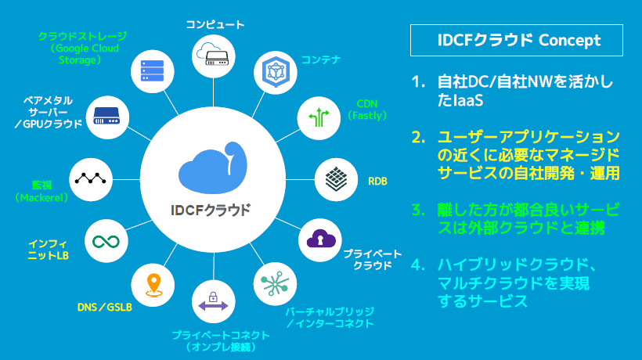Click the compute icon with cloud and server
(x=213, y=56)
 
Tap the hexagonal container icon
(x=276, y=71)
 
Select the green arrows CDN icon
(x=319, y=117)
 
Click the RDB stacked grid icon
(x=336, y=179)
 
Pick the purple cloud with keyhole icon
(x=321, y=239)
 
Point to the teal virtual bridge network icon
(x=275, y=283)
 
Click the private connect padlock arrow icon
(x=213, y=302)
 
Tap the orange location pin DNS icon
(x=153, y=285)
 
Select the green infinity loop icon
(x=106, y=242)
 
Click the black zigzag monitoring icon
(x=91, y=178)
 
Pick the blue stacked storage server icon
(x=153, y=70)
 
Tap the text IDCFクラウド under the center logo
(x=211, y=210)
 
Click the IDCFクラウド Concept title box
(x=516, y=40)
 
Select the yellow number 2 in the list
(x=418, y=138)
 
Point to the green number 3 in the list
(x=418, y=211)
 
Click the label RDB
(x=377, y=182)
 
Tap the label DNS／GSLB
(x=105, y=307)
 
